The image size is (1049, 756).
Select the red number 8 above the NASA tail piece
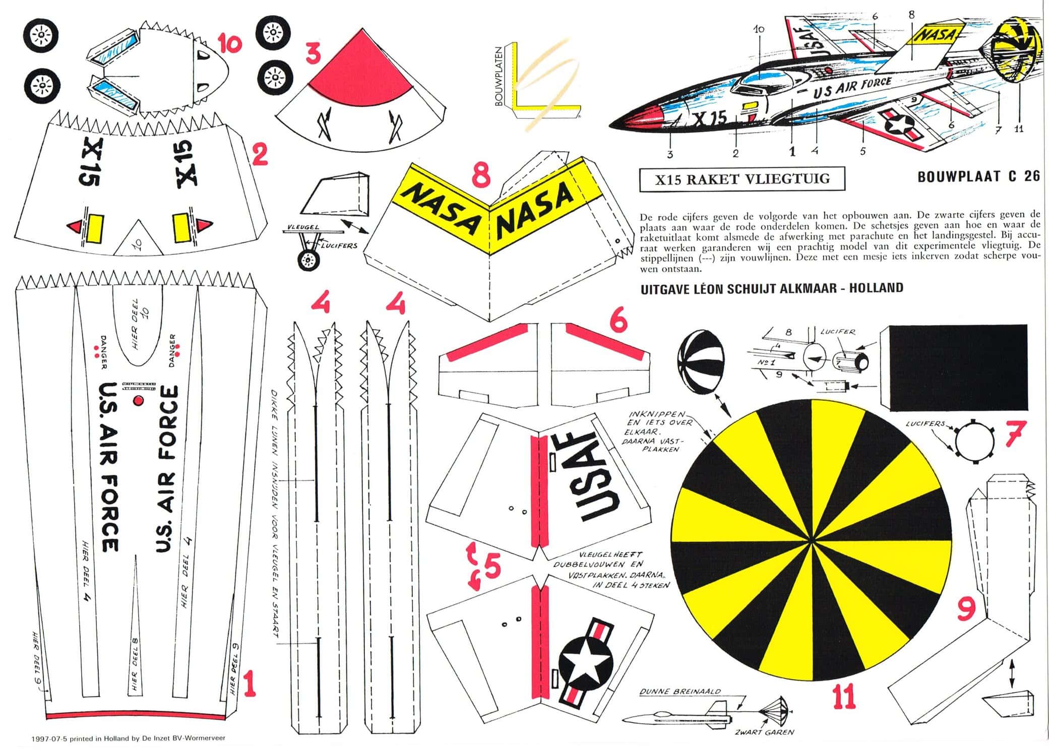tap(481, 176)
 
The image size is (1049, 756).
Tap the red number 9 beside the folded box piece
tap(966, 609)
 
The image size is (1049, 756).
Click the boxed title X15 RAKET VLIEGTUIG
tap(742, 179)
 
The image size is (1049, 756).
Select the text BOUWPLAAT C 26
tap(978, 177)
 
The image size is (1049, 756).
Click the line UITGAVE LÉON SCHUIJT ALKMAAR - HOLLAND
tap(771, 289)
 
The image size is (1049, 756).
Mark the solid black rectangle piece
tap(953, 367)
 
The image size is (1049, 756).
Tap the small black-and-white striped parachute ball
tap(701, 364)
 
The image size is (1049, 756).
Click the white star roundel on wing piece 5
tap(586, 663)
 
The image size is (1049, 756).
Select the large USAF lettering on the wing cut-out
tap(599, 476)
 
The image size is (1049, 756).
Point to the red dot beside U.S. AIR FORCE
tap(138, 401)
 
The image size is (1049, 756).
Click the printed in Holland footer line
tap(128, 738)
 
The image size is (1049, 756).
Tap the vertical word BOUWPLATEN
tap(499, 77)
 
